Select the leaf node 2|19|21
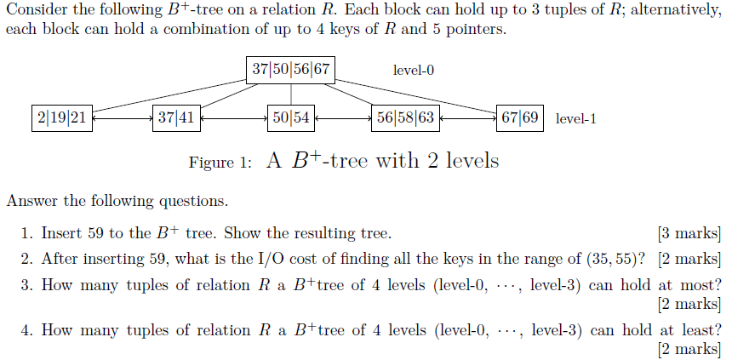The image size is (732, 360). click(x=61, y=118)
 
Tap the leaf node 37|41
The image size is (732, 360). click(x=176, y=118)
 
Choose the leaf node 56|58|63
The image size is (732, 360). click(x=404, y=118)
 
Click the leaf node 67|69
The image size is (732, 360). click(x=520, y=118)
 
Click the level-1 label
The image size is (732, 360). click(x=575, y=119)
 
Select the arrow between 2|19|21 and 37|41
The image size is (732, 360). click(x=123, y=119)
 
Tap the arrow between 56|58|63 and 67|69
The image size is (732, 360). click(x=467, y=119)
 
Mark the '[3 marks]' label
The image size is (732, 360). click(x=689, y=232)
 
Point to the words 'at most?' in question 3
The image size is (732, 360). click(x=690, y=285)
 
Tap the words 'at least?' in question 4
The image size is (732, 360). click(x=689, y=330)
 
